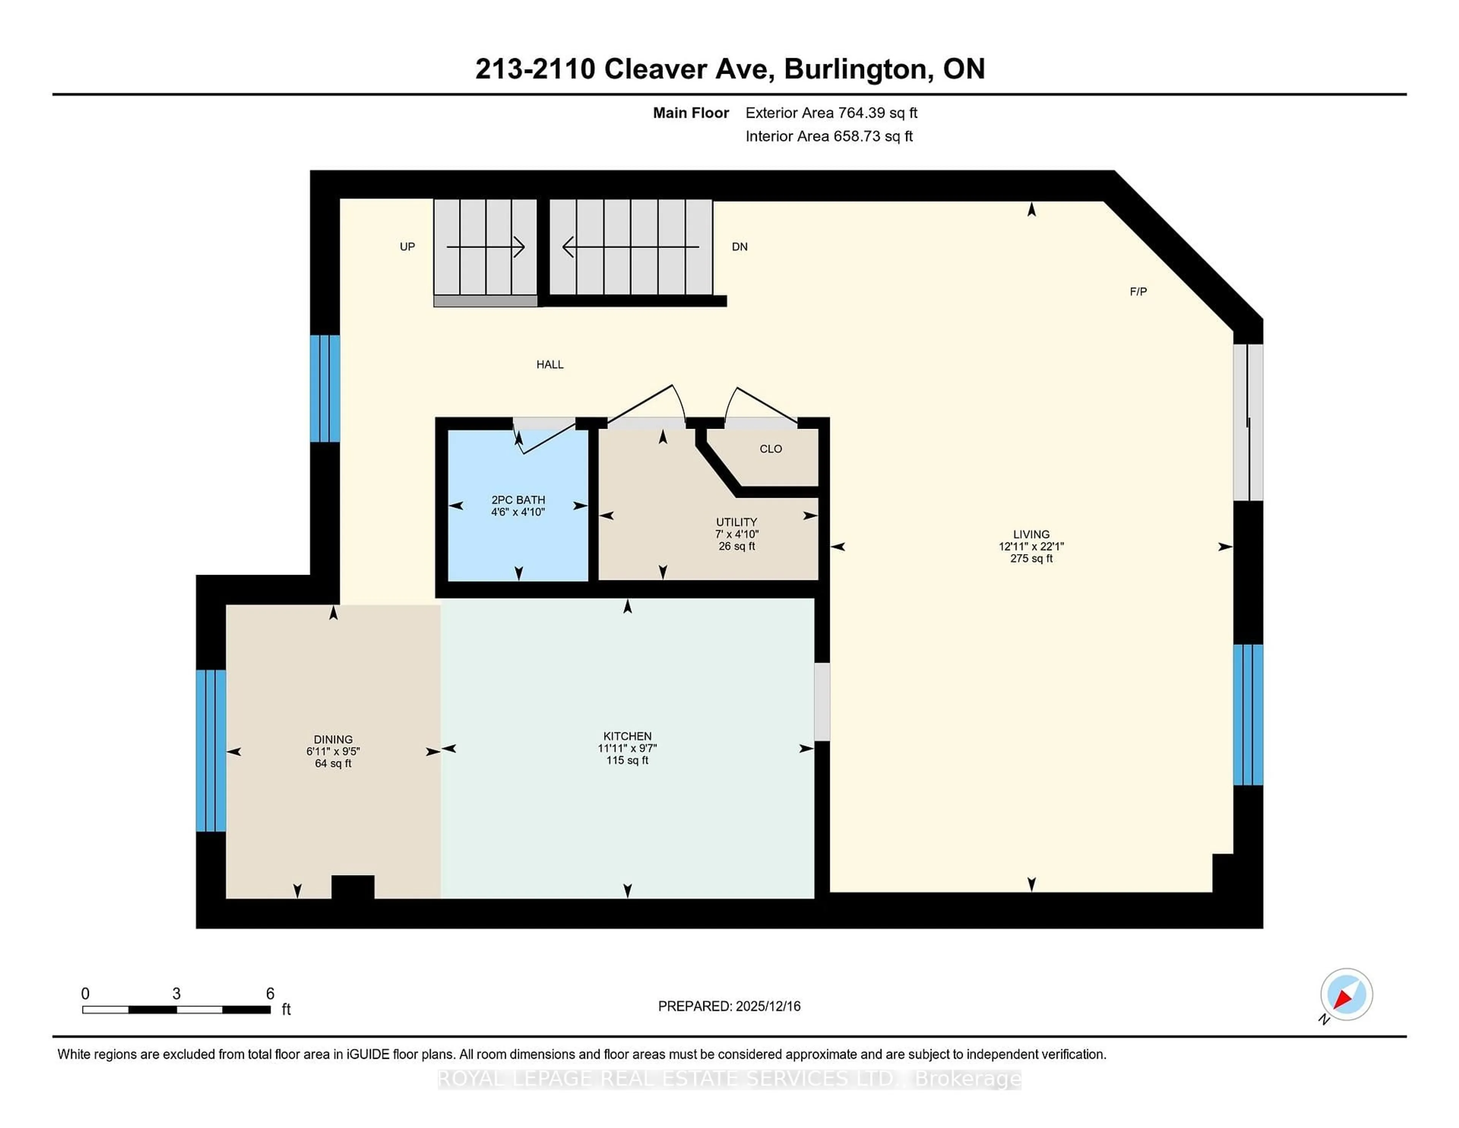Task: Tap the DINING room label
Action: coord(333,739)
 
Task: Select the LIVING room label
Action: coord(1031,534)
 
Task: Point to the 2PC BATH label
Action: coord(518,500)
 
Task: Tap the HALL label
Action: coord(550,364)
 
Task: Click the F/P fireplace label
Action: coord(1138,292)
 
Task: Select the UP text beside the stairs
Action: coord(407,247)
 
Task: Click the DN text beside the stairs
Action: coord(739,247)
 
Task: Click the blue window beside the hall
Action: coord(325,388)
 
